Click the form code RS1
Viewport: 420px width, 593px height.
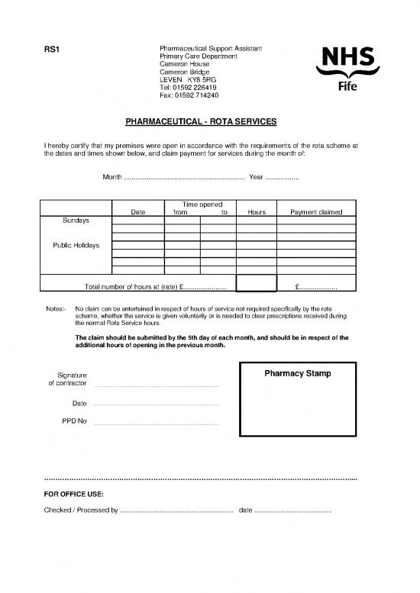(x=53, y=50)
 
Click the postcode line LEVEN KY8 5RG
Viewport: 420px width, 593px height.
(x=187, y=79)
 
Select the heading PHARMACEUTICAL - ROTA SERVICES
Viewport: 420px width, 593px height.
(x=201, y=122)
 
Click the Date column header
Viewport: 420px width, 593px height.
(x=138, y=212)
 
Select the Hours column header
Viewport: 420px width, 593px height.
(x=256, y=212)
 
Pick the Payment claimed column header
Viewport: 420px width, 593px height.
(x=316, y=212)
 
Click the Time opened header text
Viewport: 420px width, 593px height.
(x=201, y=204)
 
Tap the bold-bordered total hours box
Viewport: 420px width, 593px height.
(x=256, y=283)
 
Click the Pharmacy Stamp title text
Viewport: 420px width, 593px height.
(x=298, y=373)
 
